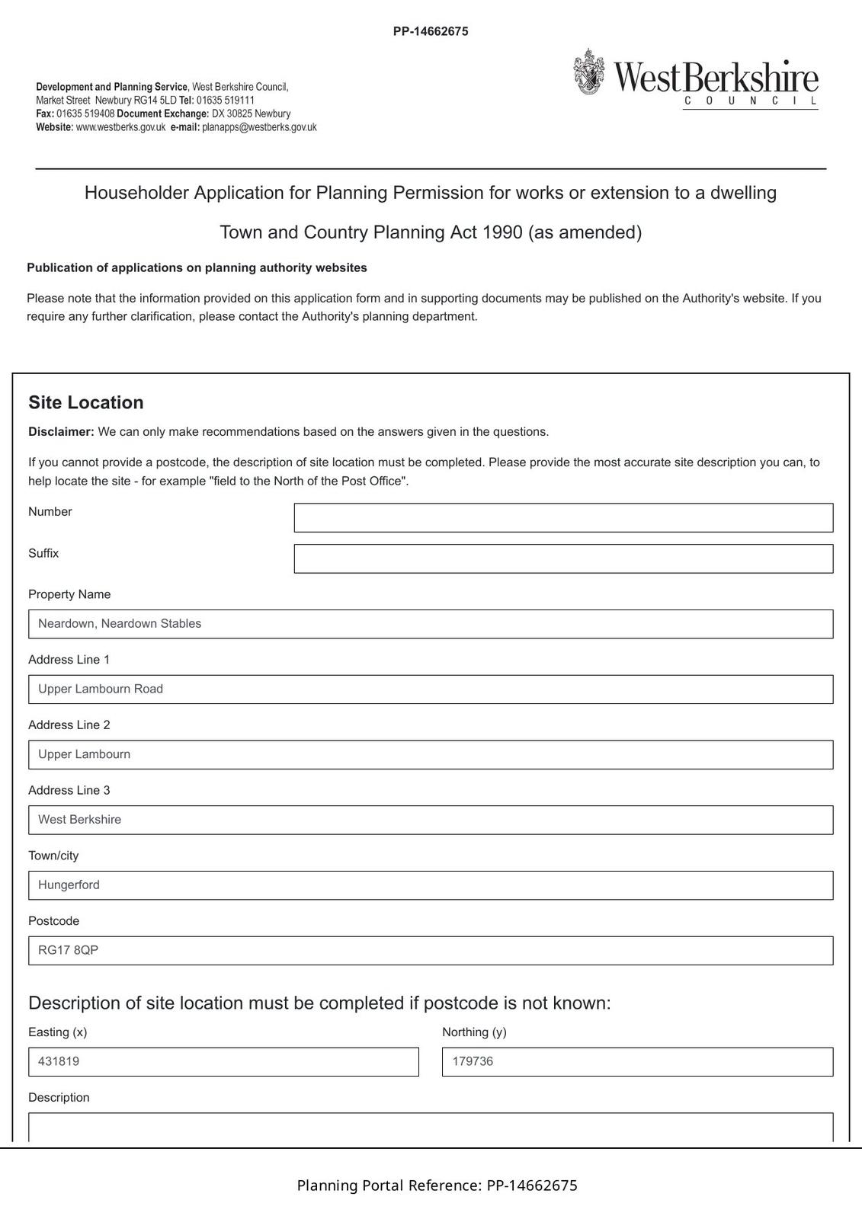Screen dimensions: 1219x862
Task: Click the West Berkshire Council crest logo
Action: [x=589, y=72]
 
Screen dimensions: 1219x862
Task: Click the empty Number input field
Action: [x=563, y=517]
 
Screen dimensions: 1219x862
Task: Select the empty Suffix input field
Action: [x=563, y=558]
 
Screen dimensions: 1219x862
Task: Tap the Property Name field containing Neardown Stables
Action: [x=431, y=624]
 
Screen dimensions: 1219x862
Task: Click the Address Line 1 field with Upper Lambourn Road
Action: [x=431, y=689]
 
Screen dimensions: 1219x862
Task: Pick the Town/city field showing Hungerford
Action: [x=431, y=885]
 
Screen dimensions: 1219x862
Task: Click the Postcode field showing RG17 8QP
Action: [x=431, y=951]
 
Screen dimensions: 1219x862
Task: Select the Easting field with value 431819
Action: [x=223, y=1062]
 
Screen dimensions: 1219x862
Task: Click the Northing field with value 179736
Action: [x=637, y=1062]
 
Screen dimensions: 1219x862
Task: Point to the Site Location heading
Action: [x=86, y=403]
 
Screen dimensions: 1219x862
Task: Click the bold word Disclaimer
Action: [x=61, y=432]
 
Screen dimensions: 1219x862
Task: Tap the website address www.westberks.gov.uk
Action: [x=120, y=127]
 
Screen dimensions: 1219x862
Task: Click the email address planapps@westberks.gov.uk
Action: [x=259, y=127]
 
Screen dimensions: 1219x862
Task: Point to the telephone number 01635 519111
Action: [x=226, y=101]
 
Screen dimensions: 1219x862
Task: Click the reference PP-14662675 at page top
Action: [x=431, y=31]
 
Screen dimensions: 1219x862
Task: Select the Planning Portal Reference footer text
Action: [x=437, y=1185]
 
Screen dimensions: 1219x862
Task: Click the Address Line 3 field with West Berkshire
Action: [x=431, y=820]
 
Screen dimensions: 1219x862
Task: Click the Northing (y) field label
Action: [x=474, y=1032]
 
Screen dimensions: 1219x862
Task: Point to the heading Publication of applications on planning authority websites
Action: [x=197, y=268]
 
